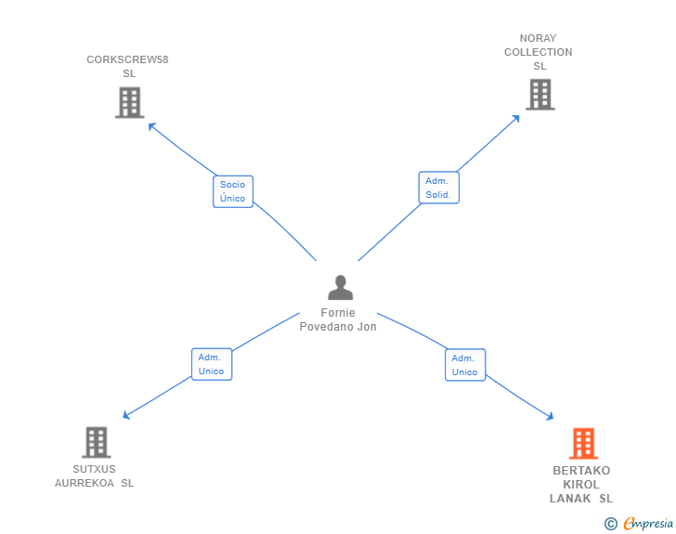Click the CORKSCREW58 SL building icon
[x=129, y=103]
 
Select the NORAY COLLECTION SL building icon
[x=540, y=95]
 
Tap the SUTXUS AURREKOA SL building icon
[x=97, y=442]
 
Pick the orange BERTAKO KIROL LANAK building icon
[x=583, y=443]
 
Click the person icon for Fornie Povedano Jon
[x=340, y=287]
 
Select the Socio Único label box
[x=233, y=191]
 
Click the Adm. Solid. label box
[x=439, y=188]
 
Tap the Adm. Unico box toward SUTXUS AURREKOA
[x=212, y=364]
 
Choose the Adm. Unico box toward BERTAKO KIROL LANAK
[x=465, y=365]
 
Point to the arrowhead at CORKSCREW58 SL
[x=150, y=126]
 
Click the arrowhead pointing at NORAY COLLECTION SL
[x=516, y=118]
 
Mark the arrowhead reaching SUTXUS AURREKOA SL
[x=126, y=415]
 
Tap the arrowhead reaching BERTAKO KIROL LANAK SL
[x=550, y=417]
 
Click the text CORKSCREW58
[x=127, y=59]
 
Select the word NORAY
[x=538, y=38]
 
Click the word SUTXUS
[x=94, y=469]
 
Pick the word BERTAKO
[x=581, y=470]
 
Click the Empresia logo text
[x=648, y=524]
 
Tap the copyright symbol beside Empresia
[x=611, y=524]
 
